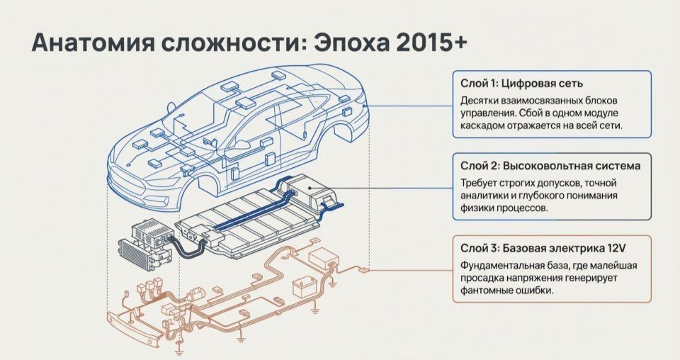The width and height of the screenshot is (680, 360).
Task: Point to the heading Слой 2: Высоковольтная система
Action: tap(550, 166)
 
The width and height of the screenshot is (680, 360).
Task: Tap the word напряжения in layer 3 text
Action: tap(540, 279)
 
